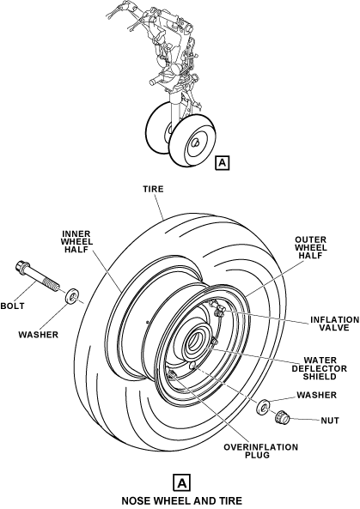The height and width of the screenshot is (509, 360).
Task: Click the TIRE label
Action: coord(153,189)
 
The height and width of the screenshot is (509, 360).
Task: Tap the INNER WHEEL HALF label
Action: coord(77,242)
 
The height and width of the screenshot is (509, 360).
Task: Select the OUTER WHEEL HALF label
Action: coord(310,248)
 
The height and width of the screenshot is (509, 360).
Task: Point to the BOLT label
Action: coord(12,306)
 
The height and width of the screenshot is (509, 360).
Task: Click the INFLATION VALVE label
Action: coord(335,324)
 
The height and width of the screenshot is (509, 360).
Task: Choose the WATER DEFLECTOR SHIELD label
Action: coord(319,368)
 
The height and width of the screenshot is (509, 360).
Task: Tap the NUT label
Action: coord(330,421)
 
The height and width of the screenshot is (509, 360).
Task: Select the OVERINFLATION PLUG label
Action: coord(260,451)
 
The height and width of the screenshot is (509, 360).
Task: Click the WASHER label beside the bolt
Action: coord(38,335)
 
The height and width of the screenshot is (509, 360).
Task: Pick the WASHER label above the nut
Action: coord(316,395)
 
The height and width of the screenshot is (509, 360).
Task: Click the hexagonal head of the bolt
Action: coord(21,266)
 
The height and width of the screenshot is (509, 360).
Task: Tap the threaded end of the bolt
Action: coord(53,284)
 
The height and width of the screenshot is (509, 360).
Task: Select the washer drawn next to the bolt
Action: coord(72,296)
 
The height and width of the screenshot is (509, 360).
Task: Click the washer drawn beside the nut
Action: coord(263,408)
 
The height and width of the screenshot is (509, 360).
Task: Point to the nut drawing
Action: coord(282,417)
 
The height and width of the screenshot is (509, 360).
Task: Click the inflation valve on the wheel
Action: coord(217,309)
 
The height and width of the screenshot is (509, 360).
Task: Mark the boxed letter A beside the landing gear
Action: coord(223,162)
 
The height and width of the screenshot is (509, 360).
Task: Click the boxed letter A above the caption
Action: coord(181,483)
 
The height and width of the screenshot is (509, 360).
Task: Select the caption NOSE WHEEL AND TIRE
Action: coord(181,500)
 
